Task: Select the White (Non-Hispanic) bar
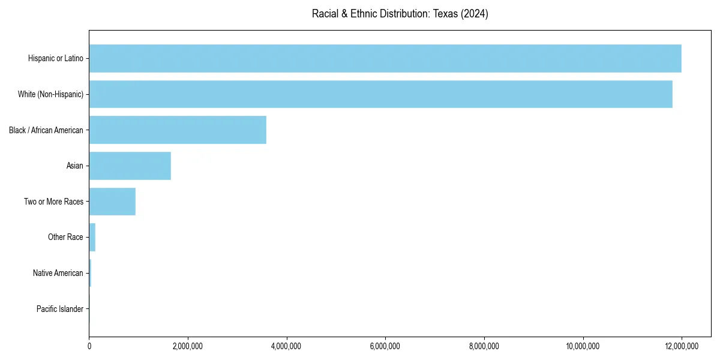[380, 94]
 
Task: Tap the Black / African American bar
[178, 130]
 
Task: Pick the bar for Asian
[130, 166]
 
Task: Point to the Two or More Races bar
[112, 202]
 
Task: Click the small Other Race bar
[92, 237]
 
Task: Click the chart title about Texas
[400, 14]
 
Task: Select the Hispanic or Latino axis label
[56, 58]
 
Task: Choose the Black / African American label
[46, 130]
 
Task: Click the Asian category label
[75, 166]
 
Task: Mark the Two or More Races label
[54, 202]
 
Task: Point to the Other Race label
[65, 237]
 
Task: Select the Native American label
[58, 273]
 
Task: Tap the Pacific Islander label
[60, 309]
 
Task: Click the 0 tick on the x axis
[89, 346]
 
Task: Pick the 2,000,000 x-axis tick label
[188, 346]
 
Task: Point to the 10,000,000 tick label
[583, 346]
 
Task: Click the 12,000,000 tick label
[682, 346]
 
